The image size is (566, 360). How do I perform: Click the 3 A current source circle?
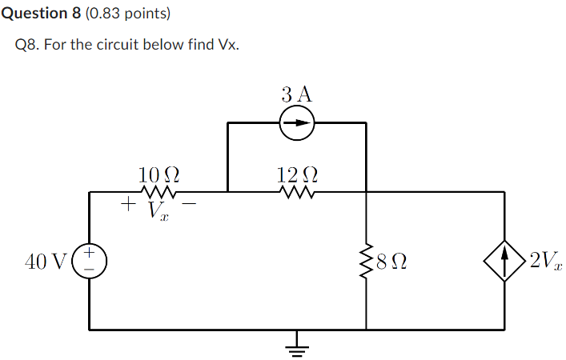click(297, 123)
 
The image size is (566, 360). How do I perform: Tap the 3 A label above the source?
click(297, 94)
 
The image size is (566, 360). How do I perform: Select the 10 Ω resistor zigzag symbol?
click(159, 192)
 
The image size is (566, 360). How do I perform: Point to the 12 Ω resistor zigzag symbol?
click(297, 192)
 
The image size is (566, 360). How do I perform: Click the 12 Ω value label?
click(297, 173)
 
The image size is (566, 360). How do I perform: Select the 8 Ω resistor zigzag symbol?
click(366, 260)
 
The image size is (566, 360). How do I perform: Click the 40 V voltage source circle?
click(90, 260)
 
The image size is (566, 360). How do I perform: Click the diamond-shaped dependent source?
click(504, 260)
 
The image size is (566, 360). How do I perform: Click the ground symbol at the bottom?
click(297, 346)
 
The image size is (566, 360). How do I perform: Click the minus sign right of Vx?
click(191, 205)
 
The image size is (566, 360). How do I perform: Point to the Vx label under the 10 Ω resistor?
click(159, 211)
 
